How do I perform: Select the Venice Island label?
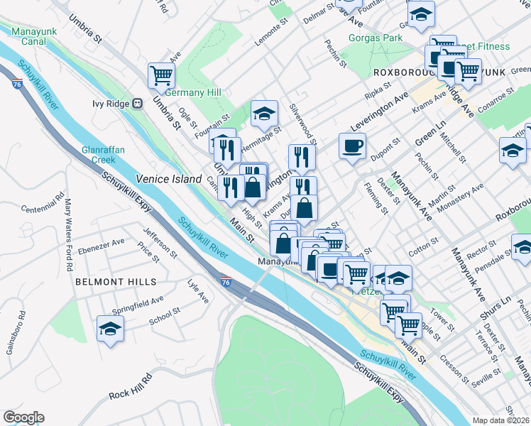click(169, 180)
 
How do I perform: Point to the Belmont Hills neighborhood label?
click(115, 282)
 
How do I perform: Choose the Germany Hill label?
click(194, 93)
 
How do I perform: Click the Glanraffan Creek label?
click(104, 155)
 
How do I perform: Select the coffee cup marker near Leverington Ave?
click(352, 146)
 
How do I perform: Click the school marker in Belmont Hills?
click(110, 329)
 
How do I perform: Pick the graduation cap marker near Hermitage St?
click(263, 113)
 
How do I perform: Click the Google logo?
click(23, 417)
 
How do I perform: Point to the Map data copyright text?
click(501, 420)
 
